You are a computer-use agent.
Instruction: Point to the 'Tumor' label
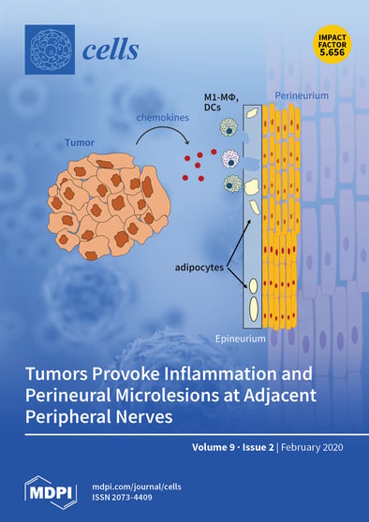click(x=78, y=145)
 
